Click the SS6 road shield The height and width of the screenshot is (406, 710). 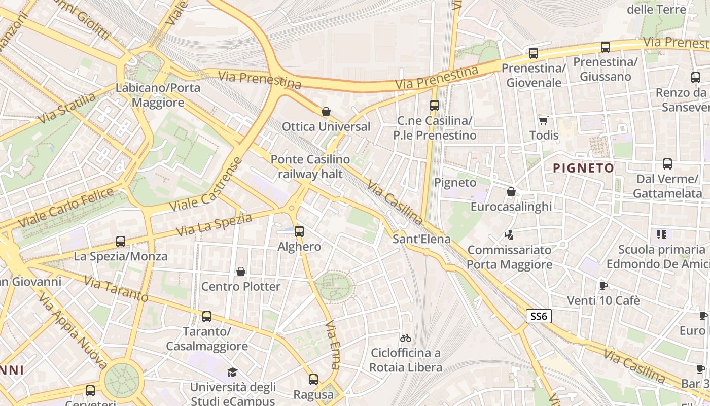click(538, 316)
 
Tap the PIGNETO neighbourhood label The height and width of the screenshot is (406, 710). click(583, 168)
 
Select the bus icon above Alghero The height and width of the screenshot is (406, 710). click(299, 231)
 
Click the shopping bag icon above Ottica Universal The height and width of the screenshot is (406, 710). click(326, 111)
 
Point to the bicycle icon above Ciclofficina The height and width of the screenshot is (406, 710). click(406, 338)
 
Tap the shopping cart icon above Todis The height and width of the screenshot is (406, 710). click(544, 120)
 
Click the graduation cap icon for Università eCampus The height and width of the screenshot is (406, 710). click(232, 372)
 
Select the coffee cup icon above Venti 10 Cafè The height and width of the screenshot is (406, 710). click(603, 286)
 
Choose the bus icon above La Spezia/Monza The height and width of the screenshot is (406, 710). click(121, 242)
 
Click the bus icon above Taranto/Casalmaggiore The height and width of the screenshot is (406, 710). click(207, 317)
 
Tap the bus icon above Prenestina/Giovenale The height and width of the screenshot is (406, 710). click(534, 53)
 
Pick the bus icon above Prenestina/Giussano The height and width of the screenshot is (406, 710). click(605, 47)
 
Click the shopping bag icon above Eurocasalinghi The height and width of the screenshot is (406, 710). click(511, 192)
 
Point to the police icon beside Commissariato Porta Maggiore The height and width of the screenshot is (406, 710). click(509, 234)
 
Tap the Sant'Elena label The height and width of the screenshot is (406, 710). click(421, 239)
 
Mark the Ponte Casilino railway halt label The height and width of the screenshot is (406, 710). click(310, 166)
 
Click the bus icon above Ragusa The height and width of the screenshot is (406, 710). click(313, 380)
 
